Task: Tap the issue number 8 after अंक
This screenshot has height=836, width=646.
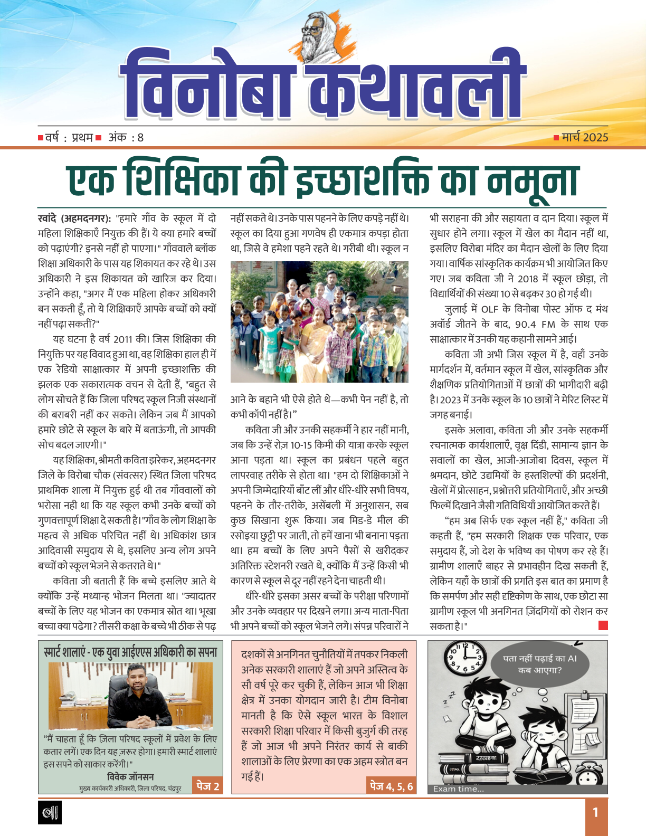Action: pyautogui.click(x=140, y=138)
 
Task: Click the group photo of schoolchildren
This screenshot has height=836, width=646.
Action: pyautogui.click(x=319, y=322)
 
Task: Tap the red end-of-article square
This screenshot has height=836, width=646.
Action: pyautogui.click(x=603, y=625)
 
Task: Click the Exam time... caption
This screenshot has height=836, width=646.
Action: pyautogui.click(x=458, y=789)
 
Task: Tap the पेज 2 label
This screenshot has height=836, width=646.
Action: pyautogui.click(x=207, y=786)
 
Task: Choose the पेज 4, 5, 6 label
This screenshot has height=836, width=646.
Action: pyautogui.click(x=391, y=786)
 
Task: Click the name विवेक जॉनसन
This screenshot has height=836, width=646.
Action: pyautogui.click(x=130, y=777)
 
